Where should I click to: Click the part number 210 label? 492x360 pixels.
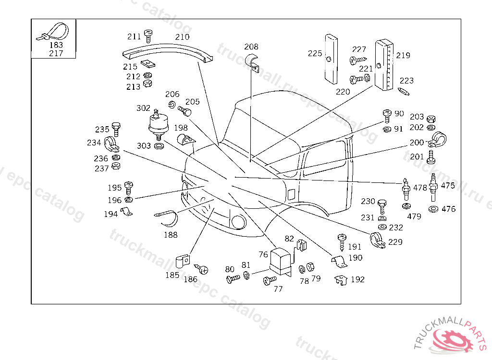[182, 37]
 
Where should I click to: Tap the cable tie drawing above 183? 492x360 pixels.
[53, 32]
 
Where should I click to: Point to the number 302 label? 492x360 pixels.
[143, 108]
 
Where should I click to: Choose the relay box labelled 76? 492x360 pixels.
[281, 262]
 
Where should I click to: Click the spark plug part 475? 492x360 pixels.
[433, 187]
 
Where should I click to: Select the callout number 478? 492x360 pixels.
[420, 188]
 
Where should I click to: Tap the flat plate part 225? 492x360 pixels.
[331, 59]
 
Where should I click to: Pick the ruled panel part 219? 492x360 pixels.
[384, 65]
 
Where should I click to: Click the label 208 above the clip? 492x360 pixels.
[251, 47]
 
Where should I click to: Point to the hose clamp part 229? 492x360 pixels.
[377, 240]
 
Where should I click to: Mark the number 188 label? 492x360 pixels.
[171, 235]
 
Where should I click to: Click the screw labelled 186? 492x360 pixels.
[201, 269]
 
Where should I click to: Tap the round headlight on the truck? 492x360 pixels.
[238, 222]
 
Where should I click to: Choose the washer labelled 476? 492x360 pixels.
[433, 209]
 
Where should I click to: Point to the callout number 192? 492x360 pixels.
[357, 279]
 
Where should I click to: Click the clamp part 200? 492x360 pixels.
[438, 140]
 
